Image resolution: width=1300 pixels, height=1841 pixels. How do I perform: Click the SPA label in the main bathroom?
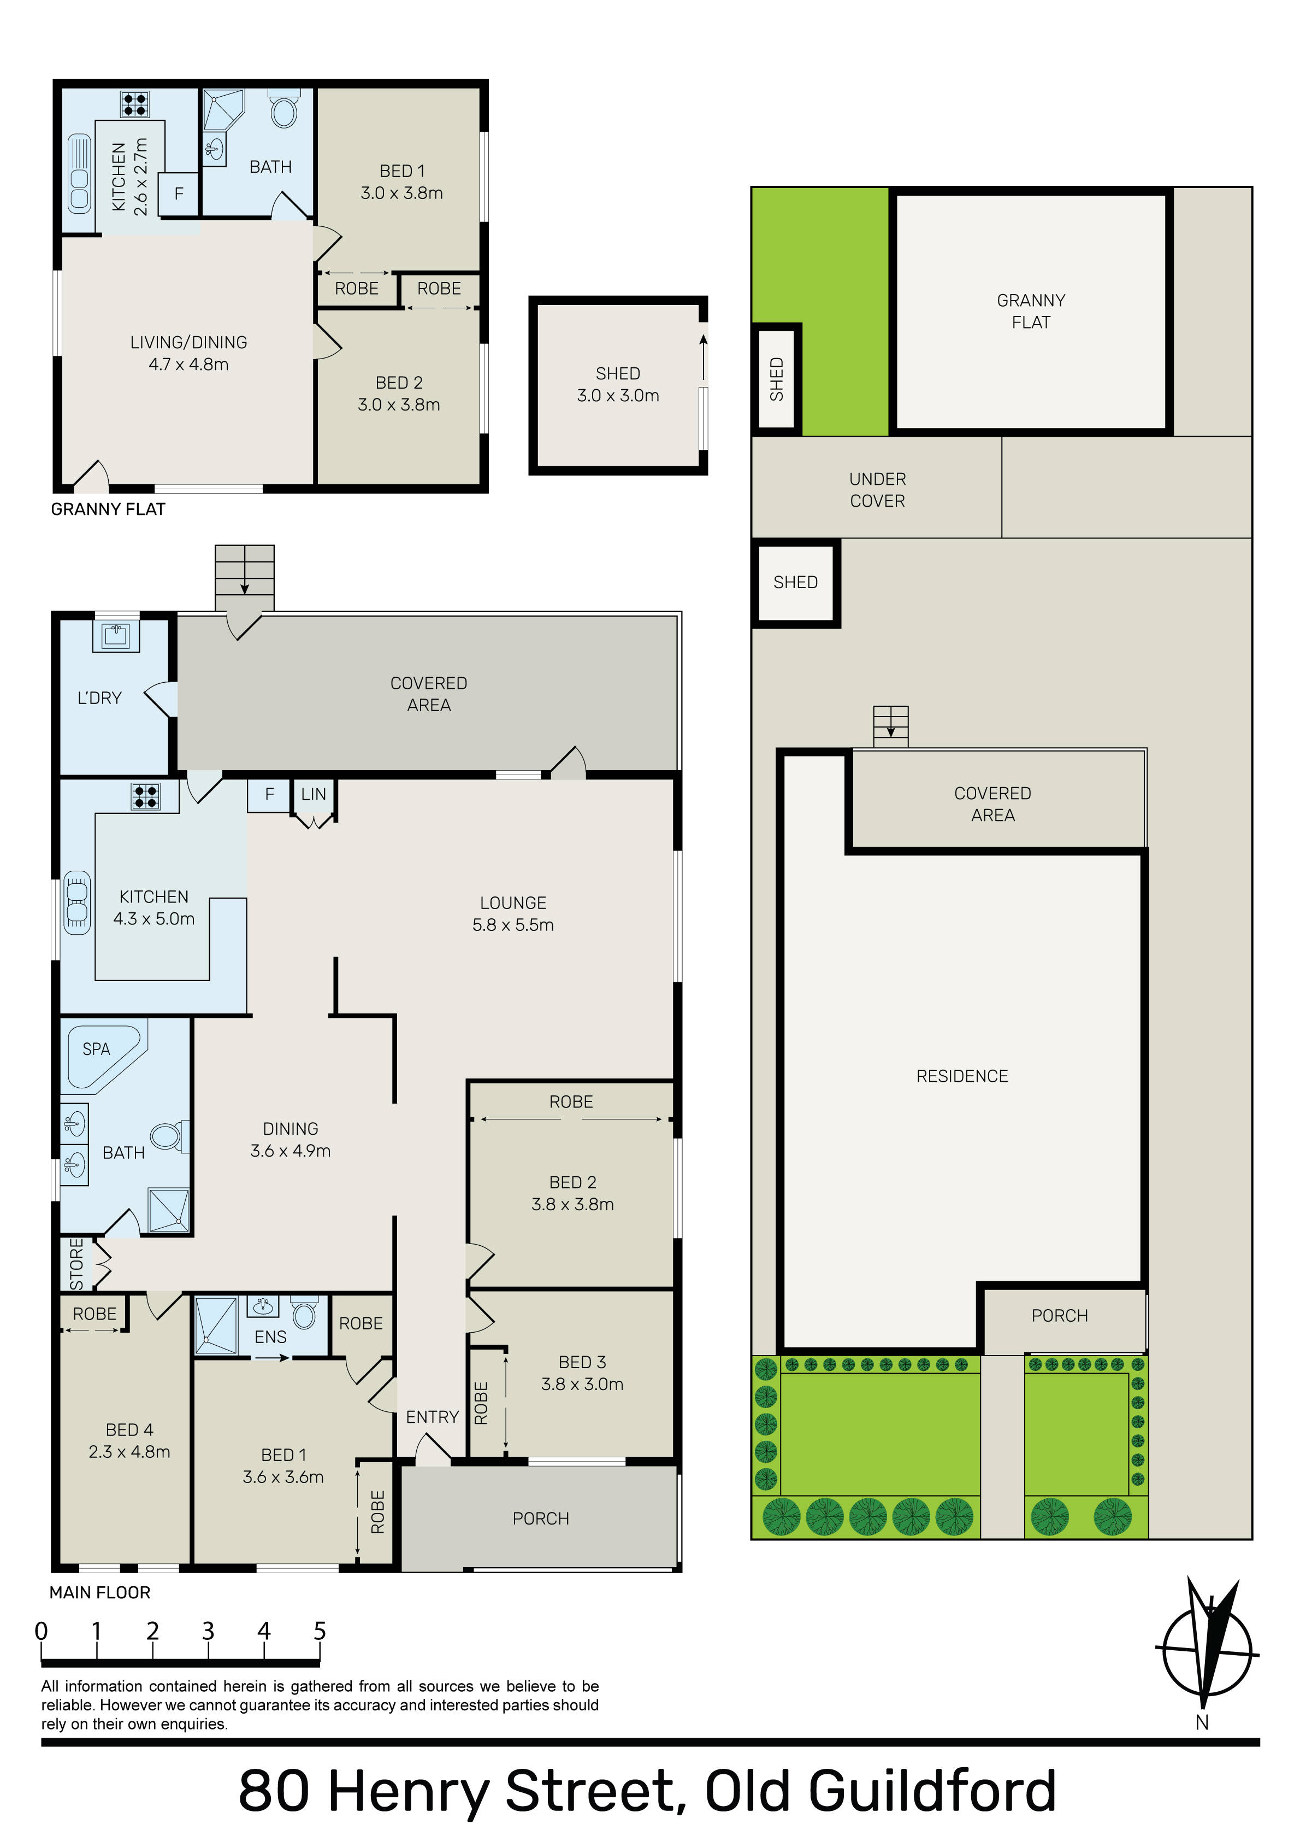click(x=96, y=1049)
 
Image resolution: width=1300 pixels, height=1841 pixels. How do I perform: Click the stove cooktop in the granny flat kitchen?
click(x=135, y=104)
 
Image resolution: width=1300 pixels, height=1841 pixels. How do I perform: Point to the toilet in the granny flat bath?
click(x=283, y=109)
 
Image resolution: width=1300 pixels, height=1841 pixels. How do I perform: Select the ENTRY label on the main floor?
click(x=432, y=1417)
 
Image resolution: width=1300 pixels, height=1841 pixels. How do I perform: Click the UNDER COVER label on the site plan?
click(x=878, y=490)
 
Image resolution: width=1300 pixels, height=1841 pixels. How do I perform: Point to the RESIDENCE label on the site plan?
click(x=962, y=1076)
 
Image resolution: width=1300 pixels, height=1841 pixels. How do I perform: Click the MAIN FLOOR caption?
click(x=100, y=1592)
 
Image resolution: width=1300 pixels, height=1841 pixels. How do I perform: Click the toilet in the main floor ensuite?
click(x=304, y=1312)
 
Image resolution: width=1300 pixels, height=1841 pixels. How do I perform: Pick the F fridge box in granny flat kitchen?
click(x=179, y=194)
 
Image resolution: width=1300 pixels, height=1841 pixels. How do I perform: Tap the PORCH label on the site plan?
click(x=1060, y=1316)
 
